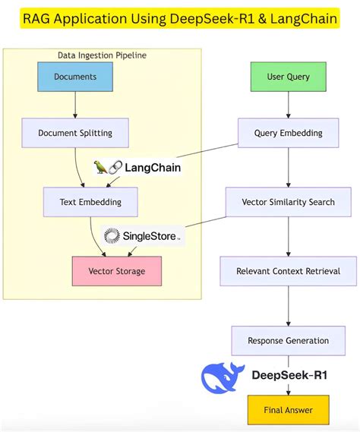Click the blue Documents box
tap(75, 77)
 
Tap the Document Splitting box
tap(75, 133)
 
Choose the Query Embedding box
tap(288, 133)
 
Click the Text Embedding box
tap(90, 202)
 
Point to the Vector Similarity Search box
tap(288, 202)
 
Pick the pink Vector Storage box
tap(116, 271)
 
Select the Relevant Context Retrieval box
tap(288, 271)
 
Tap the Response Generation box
tap(288, 340)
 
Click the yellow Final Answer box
tap(288, 410)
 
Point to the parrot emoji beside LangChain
tap(101, 167)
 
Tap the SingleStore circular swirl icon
tap(112, 237)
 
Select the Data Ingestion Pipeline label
tap(102, 55)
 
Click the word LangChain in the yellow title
tap(300, 18)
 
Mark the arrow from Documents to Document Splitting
tap(75, 105)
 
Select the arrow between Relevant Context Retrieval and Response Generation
tap(288, 306)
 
